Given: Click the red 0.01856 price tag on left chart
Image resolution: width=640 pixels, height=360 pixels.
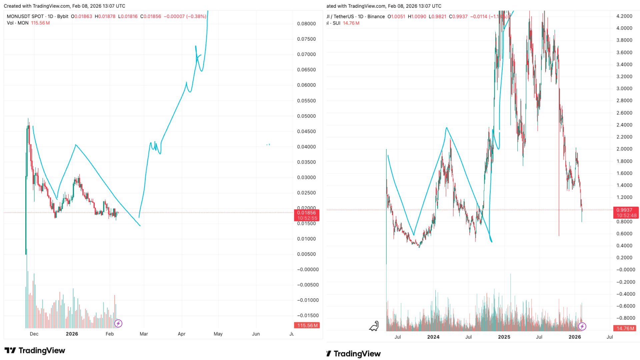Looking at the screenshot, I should (x=306, y=213).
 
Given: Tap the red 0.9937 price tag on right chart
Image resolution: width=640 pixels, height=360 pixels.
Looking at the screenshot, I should (x=624, y=210).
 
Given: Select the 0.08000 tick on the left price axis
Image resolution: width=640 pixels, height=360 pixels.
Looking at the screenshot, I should (x=306, y=24).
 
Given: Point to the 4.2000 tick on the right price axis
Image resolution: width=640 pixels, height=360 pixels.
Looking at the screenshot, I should (x=624, y=16).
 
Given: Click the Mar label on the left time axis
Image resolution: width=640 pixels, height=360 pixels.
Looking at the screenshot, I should (x=144, y=334).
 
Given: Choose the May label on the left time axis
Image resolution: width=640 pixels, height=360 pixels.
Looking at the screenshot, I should (x=218, y=334).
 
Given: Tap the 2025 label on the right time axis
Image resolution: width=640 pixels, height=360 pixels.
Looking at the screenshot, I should (x=504, y=337).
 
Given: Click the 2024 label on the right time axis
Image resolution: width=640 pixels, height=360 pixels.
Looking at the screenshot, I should (x=433, y=337).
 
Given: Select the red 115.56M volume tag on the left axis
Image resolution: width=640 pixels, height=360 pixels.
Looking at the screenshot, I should (x=307, y=325).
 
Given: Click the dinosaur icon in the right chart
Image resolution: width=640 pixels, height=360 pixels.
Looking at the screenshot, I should (x=374, y=326).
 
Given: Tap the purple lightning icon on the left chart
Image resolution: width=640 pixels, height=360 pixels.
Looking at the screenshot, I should (x=118, y=323).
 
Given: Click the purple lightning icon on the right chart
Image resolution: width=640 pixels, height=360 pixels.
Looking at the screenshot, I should (x=582, y=326).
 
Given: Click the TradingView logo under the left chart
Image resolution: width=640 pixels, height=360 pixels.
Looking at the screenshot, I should (x=35, y=350).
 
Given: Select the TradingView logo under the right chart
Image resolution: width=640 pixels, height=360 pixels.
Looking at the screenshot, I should (x=354, y=354).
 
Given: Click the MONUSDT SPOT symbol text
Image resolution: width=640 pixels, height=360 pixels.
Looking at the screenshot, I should (x=25, y=16).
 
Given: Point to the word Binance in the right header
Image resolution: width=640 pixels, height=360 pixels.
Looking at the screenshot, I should (x=376, y=16).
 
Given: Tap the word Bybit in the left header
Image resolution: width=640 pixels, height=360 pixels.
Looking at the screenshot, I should (x=63, y=16).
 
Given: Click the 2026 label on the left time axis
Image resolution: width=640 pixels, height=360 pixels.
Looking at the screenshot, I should (x=72, y=334).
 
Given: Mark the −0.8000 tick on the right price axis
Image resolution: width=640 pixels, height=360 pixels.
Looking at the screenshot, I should (x=624, y=318).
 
